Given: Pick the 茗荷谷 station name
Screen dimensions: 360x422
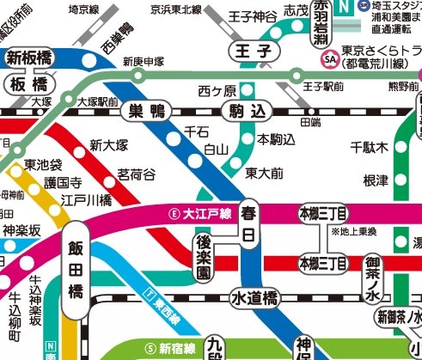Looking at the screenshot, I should (x=137, y=174).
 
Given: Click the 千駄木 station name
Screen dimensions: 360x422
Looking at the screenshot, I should (x=370, y=148).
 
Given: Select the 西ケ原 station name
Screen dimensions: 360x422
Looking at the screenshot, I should (x=216, y=89).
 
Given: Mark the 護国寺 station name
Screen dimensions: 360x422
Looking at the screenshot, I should (x=64, y=182).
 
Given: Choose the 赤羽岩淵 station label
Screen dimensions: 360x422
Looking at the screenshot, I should (x=321, y=26).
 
